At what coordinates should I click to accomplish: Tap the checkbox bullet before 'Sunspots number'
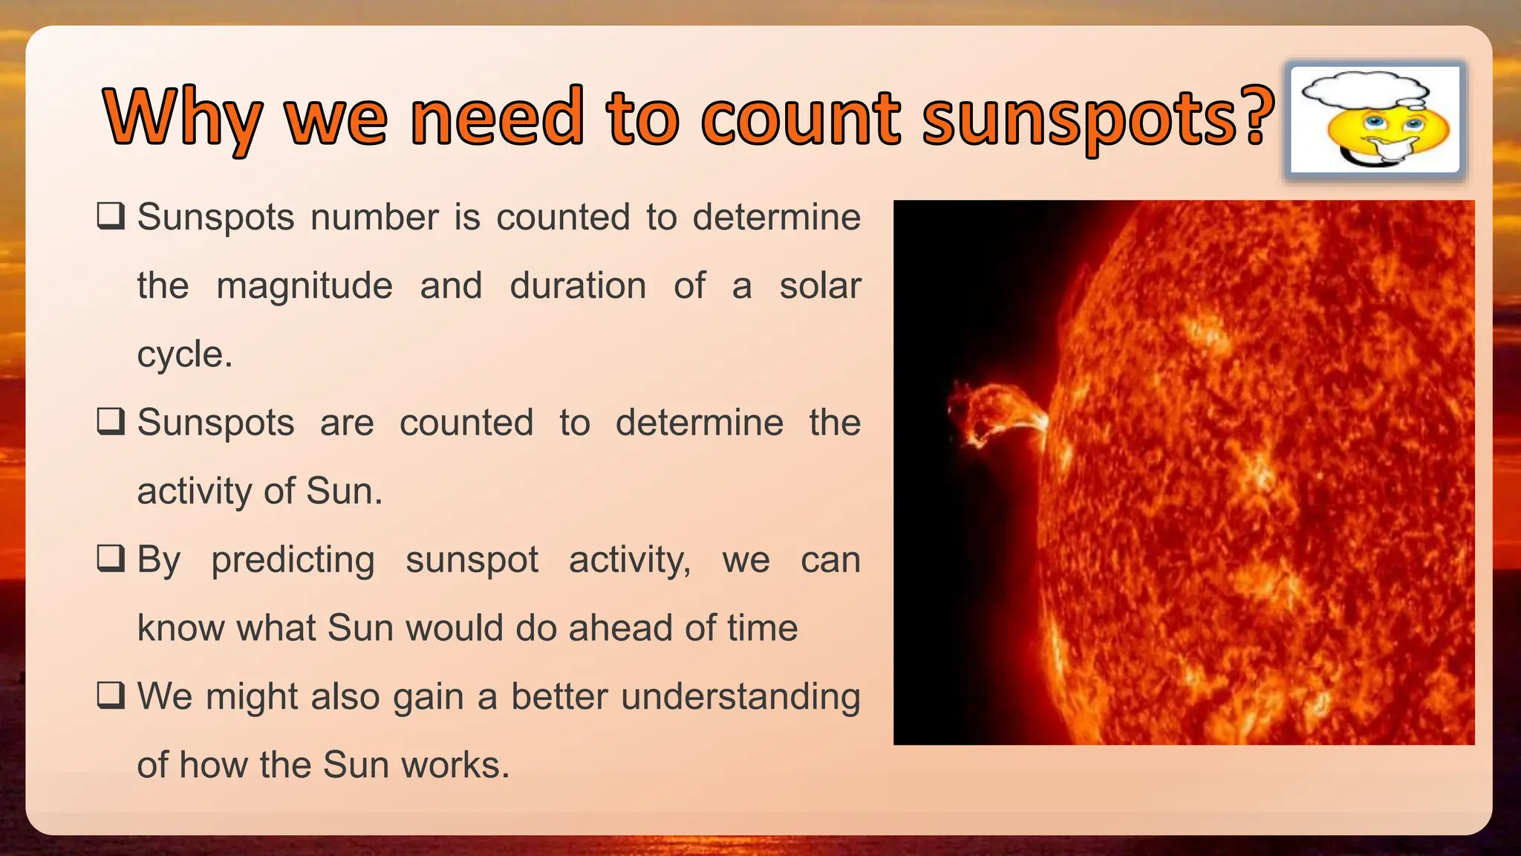tap(111, 217)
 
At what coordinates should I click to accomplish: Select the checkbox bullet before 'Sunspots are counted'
tap(111, 422)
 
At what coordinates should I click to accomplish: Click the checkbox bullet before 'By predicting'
tap(111, 559)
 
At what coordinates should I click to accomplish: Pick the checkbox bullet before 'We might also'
tap(111, 696)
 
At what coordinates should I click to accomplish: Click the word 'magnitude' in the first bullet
tap(304, 286)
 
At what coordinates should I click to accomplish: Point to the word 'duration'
tap(578, 286)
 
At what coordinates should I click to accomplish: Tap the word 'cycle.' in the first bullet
tap(185, 354)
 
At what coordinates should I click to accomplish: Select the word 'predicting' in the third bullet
tap(293, 560)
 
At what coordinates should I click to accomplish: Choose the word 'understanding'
tap(740, 697)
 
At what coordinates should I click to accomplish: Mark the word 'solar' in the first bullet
tap(820, 286)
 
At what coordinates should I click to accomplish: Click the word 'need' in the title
tap(497, 117)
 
